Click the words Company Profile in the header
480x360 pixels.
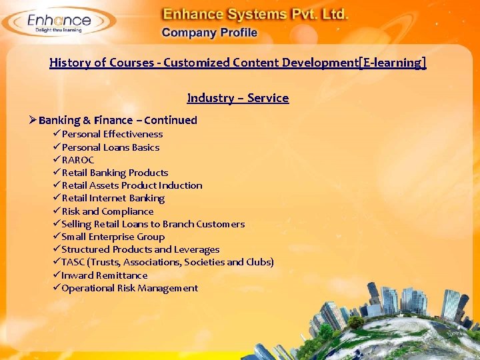[209, 33]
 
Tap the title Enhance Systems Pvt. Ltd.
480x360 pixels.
[255, 13]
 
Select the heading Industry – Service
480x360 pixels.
[238, 98]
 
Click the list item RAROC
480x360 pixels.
[78, 160]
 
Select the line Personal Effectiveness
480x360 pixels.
[112, 134]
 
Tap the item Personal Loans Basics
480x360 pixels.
[110, 147]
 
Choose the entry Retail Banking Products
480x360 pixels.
[115, 173]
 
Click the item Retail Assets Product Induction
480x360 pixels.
[131, 185]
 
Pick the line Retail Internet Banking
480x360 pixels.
[113, 198]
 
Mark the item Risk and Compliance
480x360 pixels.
[107, 211]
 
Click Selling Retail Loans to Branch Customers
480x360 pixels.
[153, 224]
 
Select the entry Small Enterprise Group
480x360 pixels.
[113, 237]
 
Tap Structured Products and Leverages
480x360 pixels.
[140, 249]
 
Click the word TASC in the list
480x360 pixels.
[73, 262]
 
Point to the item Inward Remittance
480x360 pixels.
[104, 275]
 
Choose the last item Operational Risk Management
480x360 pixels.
[129, 288]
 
